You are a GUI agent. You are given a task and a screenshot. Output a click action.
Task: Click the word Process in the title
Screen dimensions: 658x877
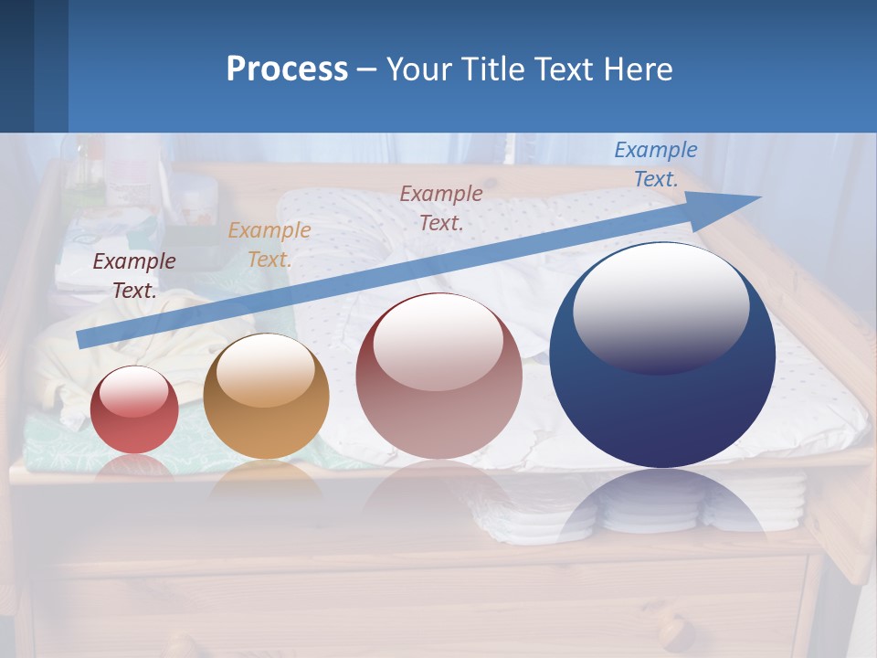(287, 69)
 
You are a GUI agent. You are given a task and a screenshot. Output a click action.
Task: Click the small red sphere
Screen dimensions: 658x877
(134, 409)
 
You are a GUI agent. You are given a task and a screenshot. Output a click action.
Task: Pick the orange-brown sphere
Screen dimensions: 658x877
(266, 397)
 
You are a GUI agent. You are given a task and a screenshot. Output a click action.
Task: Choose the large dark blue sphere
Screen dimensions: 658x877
(662, 355)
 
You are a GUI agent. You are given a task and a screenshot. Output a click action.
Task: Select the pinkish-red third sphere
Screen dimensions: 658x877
(438, 376)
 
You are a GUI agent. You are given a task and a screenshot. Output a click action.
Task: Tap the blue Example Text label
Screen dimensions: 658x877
(656, 164)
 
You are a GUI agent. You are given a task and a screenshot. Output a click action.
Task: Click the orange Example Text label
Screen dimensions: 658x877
(269, 245)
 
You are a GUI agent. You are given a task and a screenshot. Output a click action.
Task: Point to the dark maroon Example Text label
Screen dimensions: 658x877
(134, 276)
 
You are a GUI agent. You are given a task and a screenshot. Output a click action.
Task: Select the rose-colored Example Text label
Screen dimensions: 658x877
(441, 208)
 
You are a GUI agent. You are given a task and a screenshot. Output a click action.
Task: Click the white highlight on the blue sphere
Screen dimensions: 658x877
(660, 306)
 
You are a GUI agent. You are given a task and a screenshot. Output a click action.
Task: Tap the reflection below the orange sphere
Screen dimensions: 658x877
(266, 480)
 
